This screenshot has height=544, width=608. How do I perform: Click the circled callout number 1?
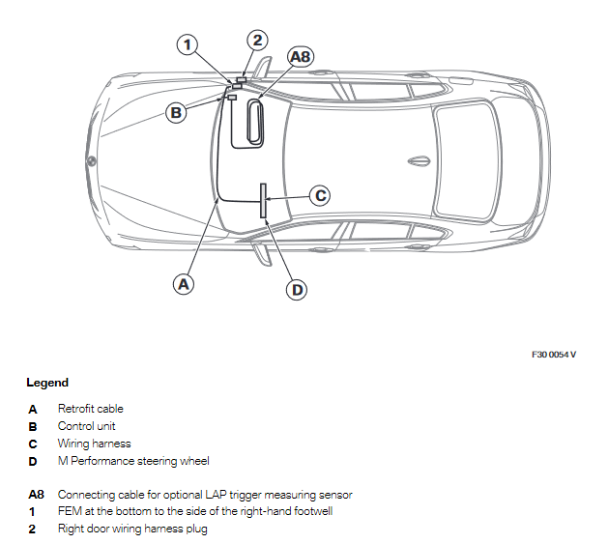188,43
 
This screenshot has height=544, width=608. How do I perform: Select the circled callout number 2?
256,40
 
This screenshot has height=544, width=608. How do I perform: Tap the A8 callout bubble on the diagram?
301,57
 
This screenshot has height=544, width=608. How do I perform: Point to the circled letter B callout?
176,113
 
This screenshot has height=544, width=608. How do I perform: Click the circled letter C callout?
320,195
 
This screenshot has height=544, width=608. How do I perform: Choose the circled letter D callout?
298,289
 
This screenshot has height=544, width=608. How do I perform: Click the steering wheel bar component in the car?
262,200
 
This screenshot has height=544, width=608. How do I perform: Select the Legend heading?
47,383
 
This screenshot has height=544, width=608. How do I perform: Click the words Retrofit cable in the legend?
91,409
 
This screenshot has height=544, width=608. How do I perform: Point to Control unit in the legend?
88,426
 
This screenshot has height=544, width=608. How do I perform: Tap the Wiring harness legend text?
94,444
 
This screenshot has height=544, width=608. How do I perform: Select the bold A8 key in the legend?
37,495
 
